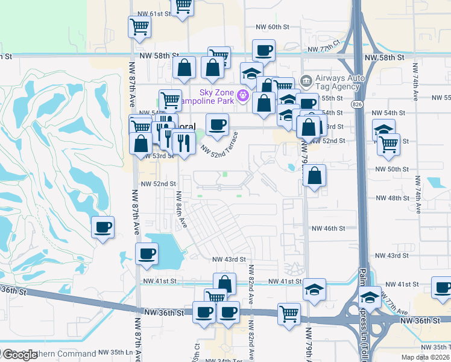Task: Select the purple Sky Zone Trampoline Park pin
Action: coord(244,95)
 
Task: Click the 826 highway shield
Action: coord(359,104)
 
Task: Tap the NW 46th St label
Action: coord(327,229)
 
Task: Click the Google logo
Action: coord(19,355)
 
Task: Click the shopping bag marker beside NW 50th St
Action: coord(314,176)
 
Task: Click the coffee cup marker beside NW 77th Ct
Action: coord(263,51)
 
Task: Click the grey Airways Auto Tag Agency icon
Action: coord(306,80)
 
